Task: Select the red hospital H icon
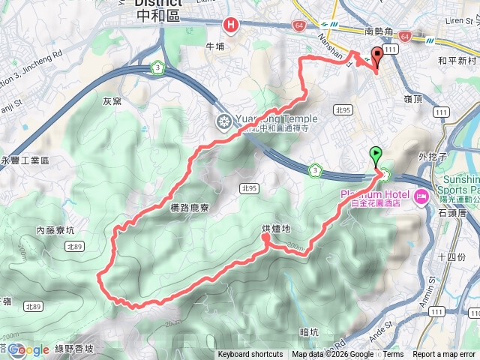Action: pos(231,25)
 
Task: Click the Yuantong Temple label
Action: pos(277,118)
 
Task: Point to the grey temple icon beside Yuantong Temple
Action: pos(223,121)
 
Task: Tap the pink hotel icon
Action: pos(421,197)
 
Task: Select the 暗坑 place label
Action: pos(309,331)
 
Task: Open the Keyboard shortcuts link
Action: pos(250,355)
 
